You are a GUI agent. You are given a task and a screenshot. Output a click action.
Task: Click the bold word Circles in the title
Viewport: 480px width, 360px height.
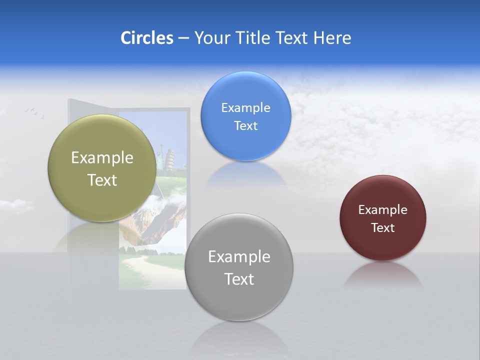(147, 38)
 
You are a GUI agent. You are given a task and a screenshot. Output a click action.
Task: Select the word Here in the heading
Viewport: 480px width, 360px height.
(332, 38)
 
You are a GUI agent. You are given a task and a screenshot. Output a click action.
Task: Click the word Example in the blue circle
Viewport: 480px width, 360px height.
(245, 108)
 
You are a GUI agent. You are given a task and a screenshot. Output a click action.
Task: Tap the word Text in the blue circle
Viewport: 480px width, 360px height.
(245, 126)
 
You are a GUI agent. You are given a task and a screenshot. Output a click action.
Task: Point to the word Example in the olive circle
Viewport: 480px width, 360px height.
(102, 158)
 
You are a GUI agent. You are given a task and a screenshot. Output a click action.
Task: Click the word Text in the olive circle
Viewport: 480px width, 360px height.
(102, 180)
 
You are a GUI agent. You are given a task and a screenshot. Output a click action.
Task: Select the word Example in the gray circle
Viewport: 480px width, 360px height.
(239, 257)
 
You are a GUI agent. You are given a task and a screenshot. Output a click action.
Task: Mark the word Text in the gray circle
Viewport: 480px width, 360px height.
(239, 279)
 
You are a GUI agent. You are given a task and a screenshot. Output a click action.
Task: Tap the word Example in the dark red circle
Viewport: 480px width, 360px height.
(382, 210)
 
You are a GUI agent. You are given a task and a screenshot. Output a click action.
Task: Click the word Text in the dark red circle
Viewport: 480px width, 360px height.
(382, 228)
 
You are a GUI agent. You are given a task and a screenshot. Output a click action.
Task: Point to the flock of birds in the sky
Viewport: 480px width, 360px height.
(34, 112)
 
